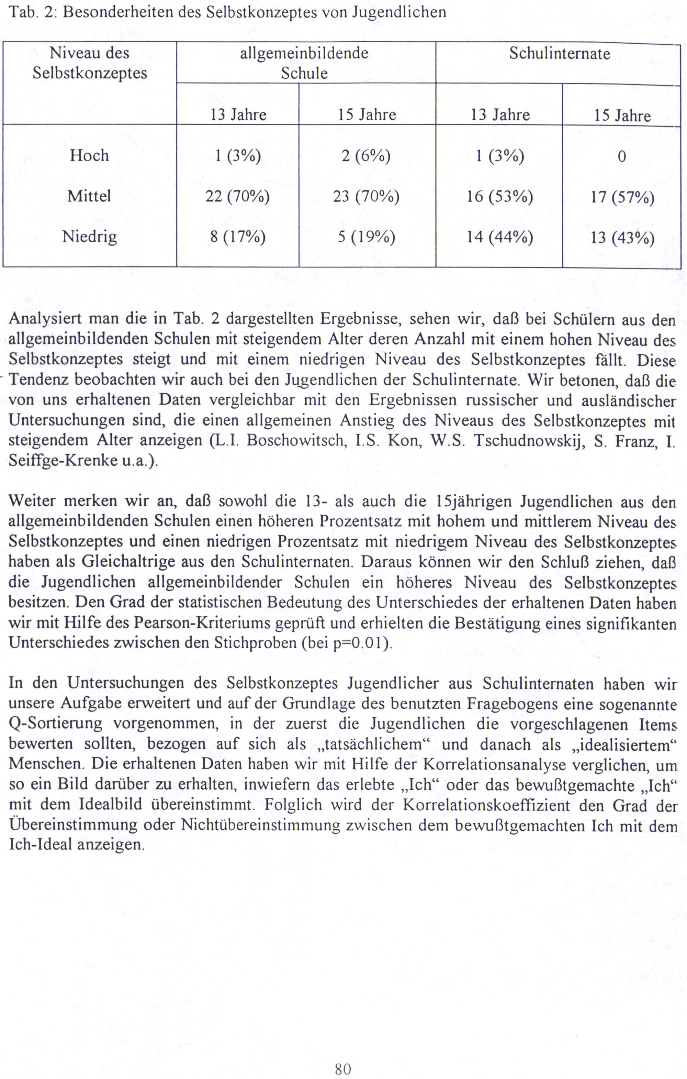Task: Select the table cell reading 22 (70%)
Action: pyautogui.click(x=237, y=196)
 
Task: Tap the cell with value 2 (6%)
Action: pyautogui.click(x=366, y=156)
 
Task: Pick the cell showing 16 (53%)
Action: pyautogui.click(x=499, y=196)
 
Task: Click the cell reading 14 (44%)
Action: pyautogui.click(x=499, y=236)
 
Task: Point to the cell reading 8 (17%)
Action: pyautogui.click(x=237, y=236)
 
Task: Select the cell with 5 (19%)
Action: pyautogui.click(x=366, y=236)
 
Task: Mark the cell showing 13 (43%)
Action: pyautogui.click(x=622, y=237)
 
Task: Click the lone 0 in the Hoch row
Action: pyautogui.click(x=622, y=157)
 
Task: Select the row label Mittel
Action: pyautogui.click(x=89, y=196)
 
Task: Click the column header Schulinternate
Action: pyautogui.click(x=559, y=54)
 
